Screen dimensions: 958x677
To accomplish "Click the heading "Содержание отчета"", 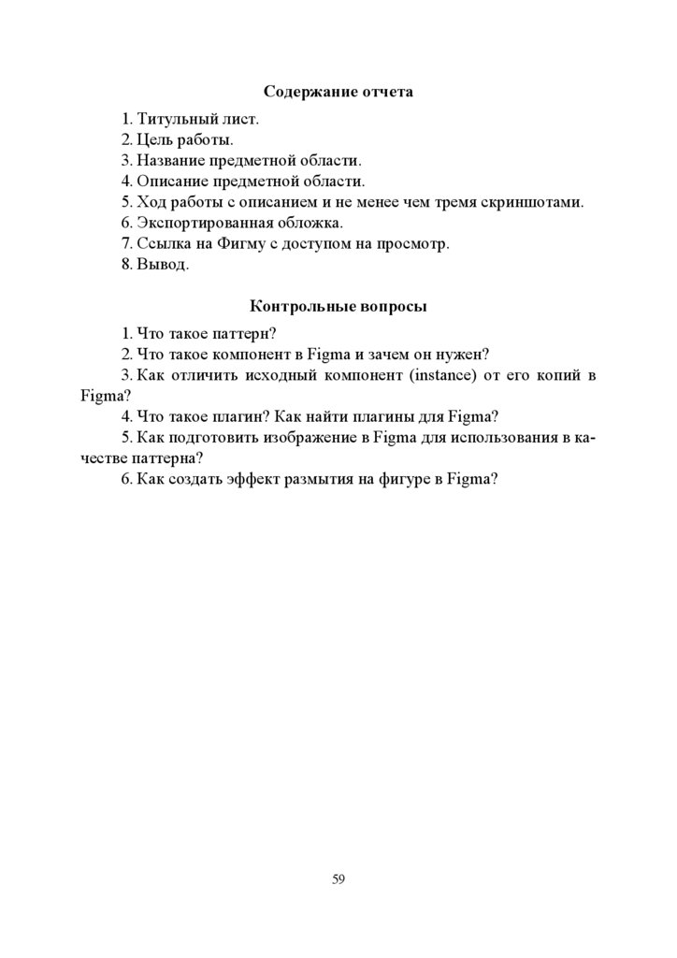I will coord(338,93).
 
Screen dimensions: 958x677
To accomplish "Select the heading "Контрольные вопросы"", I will coord(338,306).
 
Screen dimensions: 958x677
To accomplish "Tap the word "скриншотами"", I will coord(539,202).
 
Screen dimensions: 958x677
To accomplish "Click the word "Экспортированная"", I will coord(205,223).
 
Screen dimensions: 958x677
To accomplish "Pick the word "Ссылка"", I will coord(163,243).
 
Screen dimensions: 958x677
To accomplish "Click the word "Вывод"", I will coord(163,265).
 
